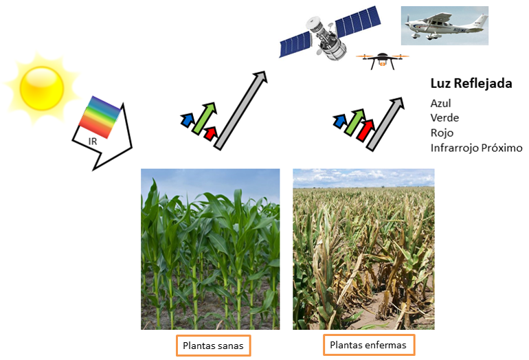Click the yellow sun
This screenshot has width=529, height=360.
pyautogui.click(x=41, y=88)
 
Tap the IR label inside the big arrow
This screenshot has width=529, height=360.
pyautogui.click(x=93, y=142)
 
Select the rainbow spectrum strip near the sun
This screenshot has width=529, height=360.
pyautogui.click(x=100, y=117)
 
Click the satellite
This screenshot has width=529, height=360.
pyautogui.click(x=330, y=34)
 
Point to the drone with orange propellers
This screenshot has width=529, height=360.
pyautogui.click(x=382, y=60)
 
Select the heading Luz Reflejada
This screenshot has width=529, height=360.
pyautogui.click(x=471, y=83)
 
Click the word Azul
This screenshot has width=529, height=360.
pyautogui.click(x=440, y=103)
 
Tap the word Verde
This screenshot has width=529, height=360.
pyautogui.click(x=444, y=117)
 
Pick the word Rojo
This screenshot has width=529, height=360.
pyautogui.click(x=442, y=133)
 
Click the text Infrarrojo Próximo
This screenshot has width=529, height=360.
pyautogui.click(x=476, y=148)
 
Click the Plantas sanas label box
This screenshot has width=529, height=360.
pyautogui.click(x=213, y=346)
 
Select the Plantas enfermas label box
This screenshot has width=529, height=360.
pyautogui.click(x=369, y=345)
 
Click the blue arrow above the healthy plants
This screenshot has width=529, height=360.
pyautogui.click(x=188, y=120)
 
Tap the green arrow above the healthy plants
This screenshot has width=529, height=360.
pyautogui.click(x=205, y=118)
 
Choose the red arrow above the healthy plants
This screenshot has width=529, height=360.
pyautogui.click(x=210, y=133)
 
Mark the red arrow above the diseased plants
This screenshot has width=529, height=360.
pyautogui.click(x=365, y=131)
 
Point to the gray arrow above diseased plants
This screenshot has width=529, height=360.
pyautogui.click(x=385, y=124)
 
